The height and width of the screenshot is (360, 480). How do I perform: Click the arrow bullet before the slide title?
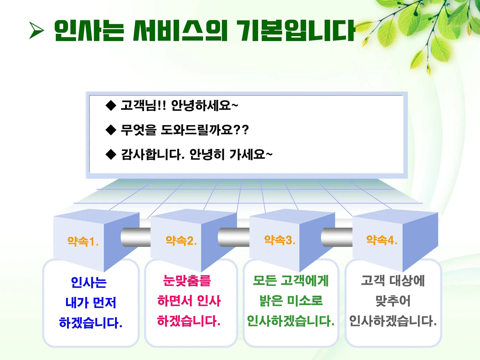point(37,31)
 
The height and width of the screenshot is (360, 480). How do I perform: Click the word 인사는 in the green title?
point(89,31)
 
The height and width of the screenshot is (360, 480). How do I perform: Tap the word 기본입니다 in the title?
point(296,31)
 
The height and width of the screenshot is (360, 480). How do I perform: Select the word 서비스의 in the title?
point(180,31)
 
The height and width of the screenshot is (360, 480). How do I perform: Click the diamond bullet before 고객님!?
point(110,105)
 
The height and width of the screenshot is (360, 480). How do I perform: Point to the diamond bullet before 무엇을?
point(110,130)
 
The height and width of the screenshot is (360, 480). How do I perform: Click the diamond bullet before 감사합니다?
point(110,154)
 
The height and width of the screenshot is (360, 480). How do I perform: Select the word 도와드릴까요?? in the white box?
point(205,130)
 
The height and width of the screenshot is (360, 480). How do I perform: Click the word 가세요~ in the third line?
point(251,154)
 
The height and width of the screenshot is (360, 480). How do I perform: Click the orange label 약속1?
point(83,241)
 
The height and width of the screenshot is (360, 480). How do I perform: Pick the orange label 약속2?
point(181,241)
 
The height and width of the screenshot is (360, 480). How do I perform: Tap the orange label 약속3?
point(280,240)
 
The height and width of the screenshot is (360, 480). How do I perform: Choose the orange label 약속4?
point(382,240)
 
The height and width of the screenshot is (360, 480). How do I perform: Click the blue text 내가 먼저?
point(91,302)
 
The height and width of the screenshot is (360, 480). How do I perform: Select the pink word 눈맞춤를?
point(187,280)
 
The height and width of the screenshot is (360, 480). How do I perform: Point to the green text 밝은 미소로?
point(291,301)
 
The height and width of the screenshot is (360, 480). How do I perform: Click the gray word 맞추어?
point(393,301)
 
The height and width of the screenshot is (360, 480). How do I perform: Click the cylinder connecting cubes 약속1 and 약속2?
point(136,237)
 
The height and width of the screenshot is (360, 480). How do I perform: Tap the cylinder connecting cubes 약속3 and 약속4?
point(337,237)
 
